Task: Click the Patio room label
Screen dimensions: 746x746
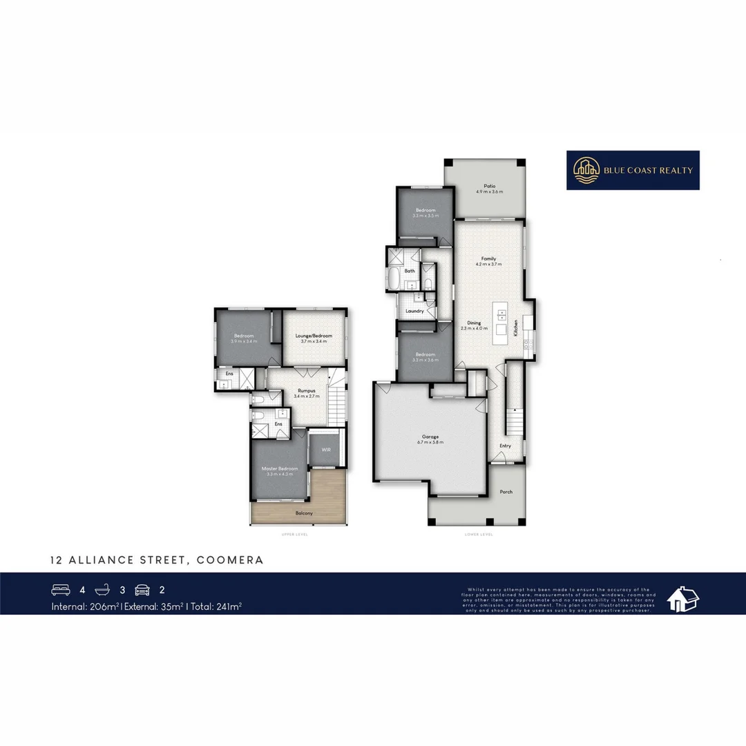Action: (x=490, y=185)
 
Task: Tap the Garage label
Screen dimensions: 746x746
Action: (x=430, y=437)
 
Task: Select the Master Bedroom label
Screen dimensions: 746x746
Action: (x=280, y=468)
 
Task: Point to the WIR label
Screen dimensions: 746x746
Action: (x=325, y=450)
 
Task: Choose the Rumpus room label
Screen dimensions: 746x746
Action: (x=297, y=390)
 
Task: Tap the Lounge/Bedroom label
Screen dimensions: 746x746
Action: (x=314, y=336)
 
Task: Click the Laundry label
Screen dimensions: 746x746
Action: (x=414, y=312)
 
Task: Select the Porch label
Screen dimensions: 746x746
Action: (x=506, y=492)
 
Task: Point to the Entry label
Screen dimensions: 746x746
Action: (x=506, y=446)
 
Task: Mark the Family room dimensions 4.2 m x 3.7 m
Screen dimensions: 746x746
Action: (x=488, y=265)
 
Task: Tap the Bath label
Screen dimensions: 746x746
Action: (x=410, y=271)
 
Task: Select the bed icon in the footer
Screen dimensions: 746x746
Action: (x=61, y=590)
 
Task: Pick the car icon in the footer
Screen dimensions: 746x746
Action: (x=143, y=590)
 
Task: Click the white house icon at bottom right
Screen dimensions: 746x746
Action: (x=682, y=599)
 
